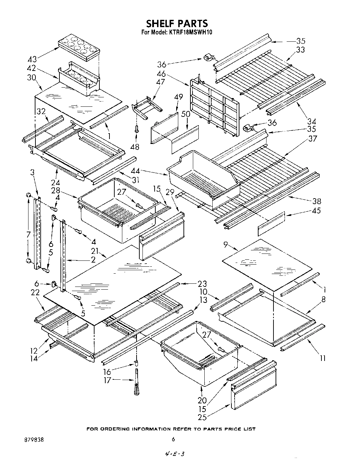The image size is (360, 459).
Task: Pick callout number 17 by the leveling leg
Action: [107, 380]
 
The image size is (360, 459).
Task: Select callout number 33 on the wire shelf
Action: [300, 50]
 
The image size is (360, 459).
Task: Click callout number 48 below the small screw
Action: [135, 147]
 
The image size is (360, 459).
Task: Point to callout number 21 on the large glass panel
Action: [94, 251]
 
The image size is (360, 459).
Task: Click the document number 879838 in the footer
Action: [34, 440]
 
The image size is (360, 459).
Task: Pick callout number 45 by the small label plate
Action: [316, 211]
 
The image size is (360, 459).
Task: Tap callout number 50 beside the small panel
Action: [186, 113]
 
